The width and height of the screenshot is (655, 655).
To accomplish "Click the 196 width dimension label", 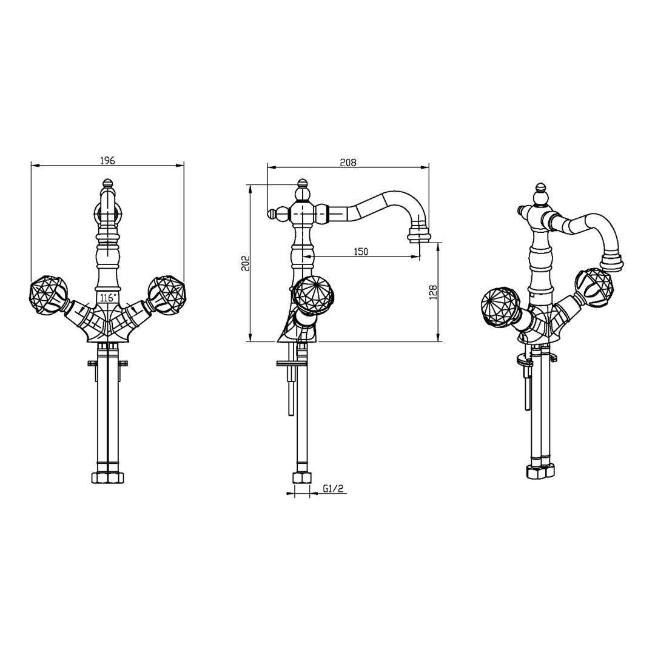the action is (x=107, y=160).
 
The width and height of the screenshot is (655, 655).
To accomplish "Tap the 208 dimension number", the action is (x=348, y=162).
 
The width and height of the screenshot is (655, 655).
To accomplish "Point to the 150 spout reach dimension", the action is (x=361, y=252).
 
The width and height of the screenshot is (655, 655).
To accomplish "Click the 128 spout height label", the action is (x=433, y=292).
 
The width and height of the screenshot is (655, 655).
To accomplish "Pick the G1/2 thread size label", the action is (x=333, y=488).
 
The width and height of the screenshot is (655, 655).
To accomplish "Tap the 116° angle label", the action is (x=108, y=298).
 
